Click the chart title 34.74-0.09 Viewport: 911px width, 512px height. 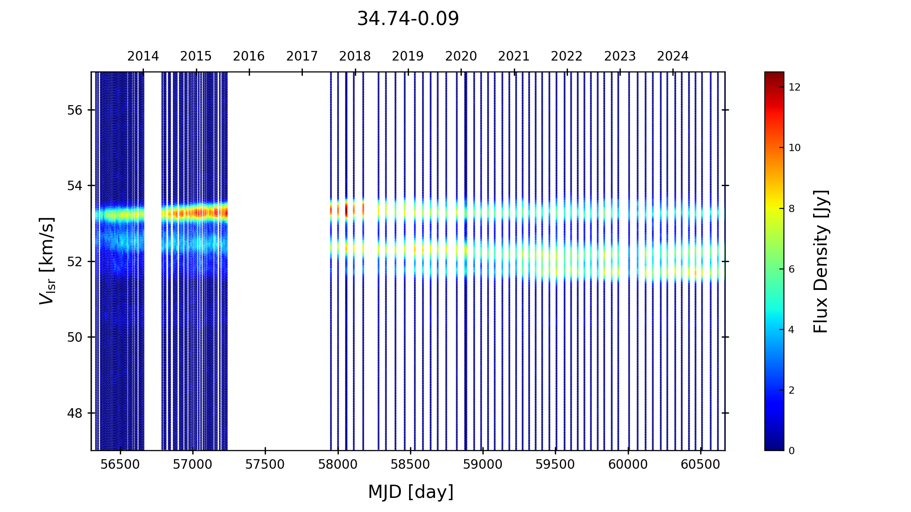point(408,19)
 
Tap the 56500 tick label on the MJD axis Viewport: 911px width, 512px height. point(120,465)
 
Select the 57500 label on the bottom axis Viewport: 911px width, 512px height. point(265,465)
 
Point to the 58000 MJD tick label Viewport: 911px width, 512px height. point(338,465)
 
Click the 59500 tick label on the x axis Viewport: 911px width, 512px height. point(555,465)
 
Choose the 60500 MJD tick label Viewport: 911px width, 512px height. point(700,465)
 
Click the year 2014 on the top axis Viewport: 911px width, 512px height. point(143,56)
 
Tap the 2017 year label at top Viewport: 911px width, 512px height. point(302,56)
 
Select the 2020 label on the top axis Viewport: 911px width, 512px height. point(461,56)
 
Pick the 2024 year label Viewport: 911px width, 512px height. point(673,56)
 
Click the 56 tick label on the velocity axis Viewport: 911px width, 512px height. point(75,110)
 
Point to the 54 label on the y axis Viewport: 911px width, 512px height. point(75,186)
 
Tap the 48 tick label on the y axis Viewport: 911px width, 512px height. point(75,413)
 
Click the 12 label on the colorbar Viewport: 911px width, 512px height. point(794,87)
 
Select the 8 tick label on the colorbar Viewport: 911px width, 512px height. point(792,208)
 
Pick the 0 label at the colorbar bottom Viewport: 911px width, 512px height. point(792,451)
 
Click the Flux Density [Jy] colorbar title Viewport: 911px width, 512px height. point(821,261)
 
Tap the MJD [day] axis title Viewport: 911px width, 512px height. point(411,492)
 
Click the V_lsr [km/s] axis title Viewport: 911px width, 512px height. point(47,261)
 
